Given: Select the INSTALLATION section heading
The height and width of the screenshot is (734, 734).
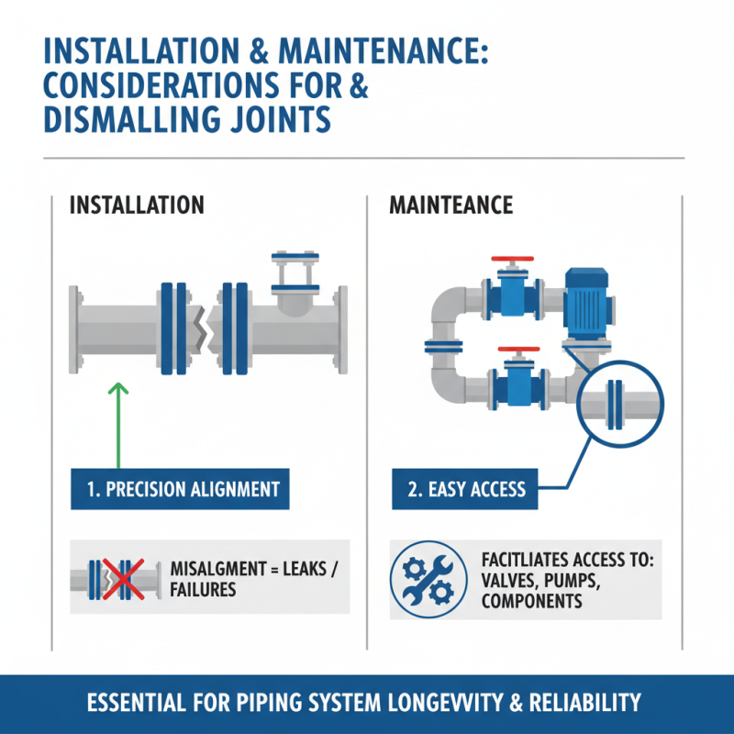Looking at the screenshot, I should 137,204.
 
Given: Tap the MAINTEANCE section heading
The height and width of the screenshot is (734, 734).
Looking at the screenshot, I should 451,204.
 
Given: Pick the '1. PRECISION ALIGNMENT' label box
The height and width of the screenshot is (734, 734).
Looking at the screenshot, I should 180,489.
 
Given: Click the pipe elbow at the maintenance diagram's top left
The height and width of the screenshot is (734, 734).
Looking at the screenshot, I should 446,307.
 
